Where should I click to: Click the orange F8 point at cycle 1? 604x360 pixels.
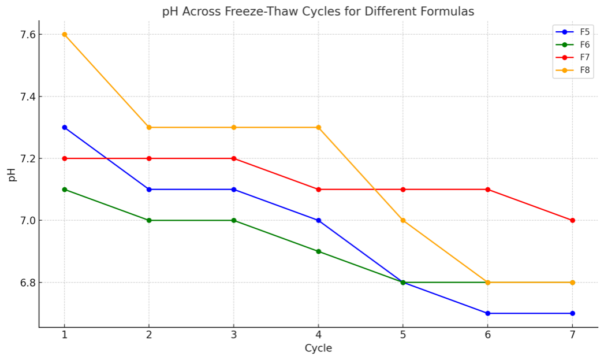(64, 35)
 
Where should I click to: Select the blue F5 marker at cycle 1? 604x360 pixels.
(64, 127)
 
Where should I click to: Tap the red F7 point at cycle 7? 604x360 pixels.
(572, 220)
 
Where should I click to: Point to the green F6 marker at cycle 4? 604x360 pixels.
(318, 251)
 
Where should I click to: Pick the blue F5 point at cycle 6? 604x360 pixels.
(487, 313)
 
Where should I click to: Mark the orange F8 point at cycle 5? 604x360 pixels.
(403, 220)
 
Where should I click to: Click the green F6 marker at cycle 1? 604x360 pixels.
(64, 190)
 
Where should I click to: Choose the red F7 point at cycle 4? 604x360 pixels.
(318, 190)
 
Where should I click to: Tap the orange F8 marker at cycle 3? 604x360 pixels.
(234, 127)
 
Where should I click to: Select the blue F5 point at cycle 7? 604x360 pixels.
(572, 313)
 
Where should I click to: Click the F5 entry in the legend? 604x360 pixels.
(584, 32)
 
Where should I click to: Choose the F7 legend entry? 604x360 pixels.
(584, 57)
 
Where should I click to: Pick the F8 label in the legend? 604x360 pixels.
(584, 70)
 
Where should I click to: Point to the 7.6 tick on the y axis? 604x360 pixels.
(26, 35)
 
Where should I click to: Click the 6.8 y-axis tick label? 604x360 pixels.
(26, 283)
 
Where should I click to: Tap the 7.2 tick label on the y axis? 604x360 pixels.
(26, 158)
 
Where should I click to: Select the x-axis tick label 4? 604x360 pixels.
(318, 335)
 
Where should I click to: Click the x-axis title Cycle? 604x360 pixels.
(318, 348)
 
